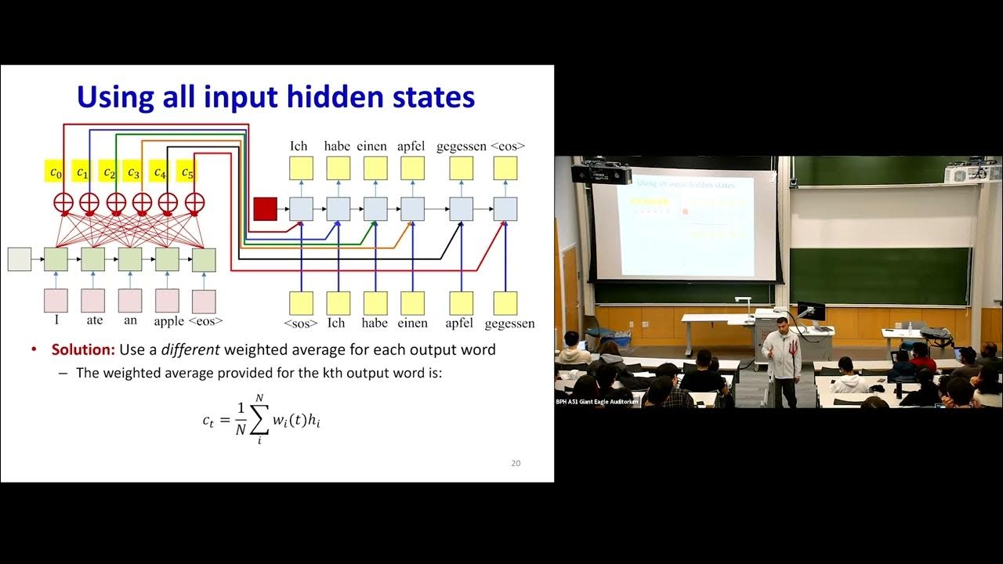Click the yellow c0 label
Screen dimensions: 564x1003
(x=56, y=172)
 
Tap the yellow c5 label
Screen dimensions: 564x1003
(x=186, y=172)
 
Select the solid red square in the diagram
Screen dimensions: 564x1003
(x=265, y=209)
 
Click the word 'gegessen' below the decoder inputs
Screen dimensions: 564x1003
(x=509, y=323)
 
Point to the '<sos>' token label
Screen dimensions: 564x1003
(x=301, y=323)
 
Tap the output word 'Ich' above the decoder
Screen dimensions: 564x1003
(x=299, y=146)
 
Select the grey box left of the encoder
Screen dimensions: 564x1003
(x=19, y=259)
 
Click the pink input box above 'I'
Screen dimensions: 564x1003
(x=56, y=301)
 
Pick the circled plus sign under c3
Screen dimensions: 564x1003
(x=142, y=201)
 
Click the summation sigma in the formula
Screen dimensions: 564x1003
(x=259, y=421)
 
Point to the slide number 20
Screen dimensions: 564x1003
(x=516, y=463)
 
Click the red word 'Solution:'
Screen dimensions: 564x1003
(x=84, y=349)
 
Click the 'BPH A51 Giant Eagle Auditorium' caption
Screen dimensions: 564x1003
(x=597, y=402)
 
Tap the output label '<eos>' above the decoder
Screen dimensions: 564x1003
(x=508, y=146)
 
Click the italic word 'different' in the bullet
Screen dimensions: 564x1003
(x=192, y=349)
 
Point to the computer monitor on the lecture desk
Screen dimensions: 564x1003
(x=810, y=311)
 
